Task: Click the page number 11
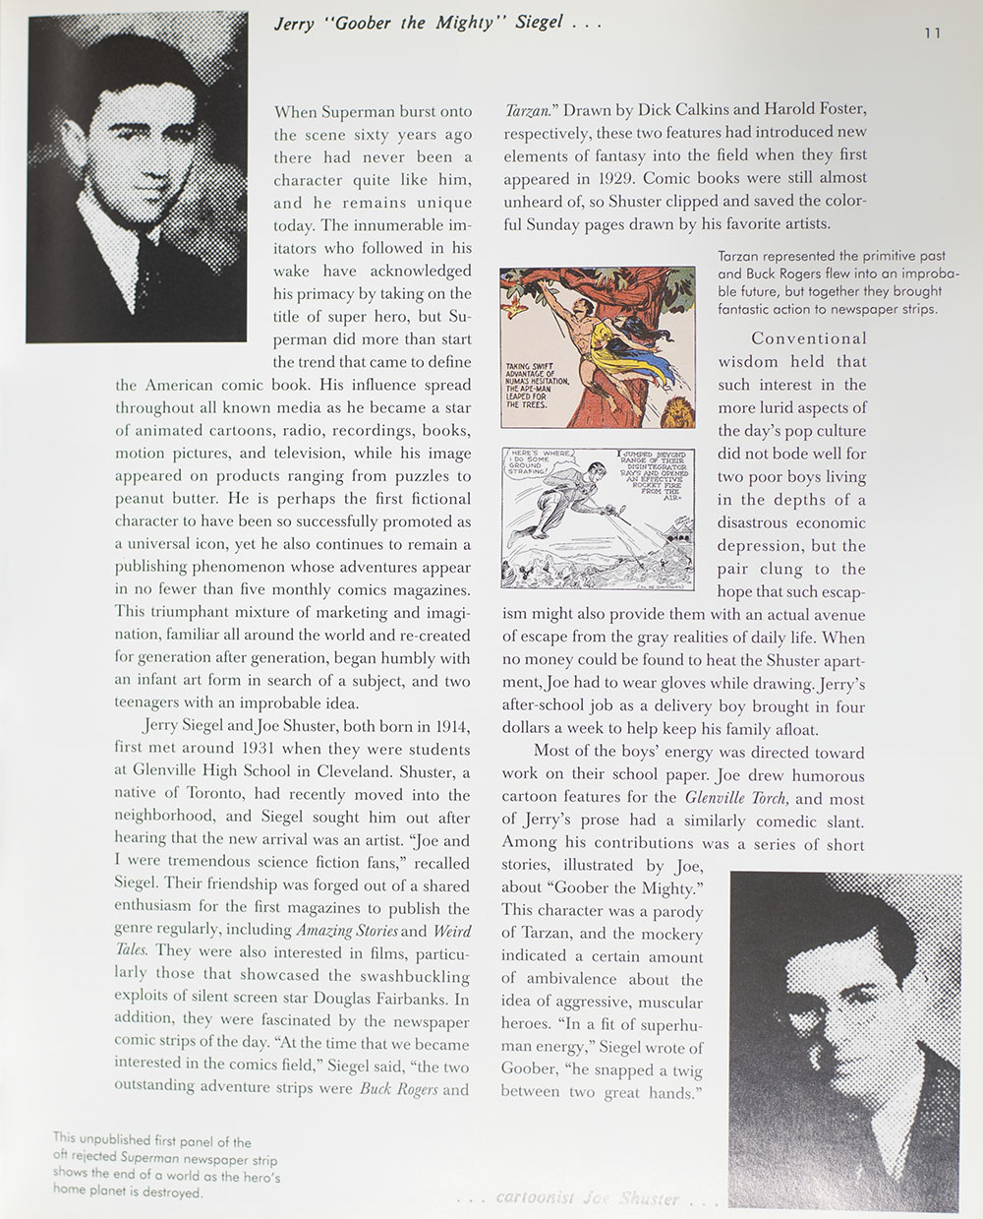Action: click(932, 32)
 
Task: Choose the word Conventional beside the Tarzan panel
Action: click(809, 338)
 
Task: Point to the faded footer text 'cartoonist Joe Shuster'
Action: click(588, 1198)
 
